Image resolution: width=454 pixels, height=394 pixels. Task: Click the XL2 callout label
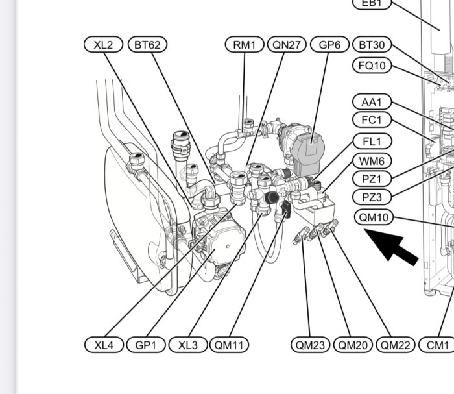point(104,45)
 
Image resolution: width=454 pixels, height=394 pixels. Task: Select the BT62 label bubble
point(148,45)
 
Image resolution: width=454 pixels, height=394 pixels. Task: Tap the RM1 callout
point(245,45)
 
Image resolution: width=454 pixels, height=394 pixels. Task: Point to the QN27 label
point(287,45)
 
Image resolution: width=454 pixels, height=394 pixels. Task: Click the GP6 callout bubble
point(329,45)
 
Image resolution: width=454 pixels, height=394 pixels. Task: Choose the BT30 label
point(372,45)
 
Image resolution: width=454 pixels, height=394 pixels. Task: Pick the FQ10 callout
point(372,65)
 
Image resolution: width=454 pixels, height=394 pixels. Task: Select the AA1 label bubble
point(372,102)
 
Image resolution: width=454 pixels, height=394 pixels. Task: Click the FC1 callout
point(372,119)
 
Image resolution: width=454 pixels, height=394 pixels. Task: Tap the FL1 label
point(372,141)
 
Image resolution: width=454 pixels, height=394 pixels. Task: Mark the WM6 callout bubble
point(372,161)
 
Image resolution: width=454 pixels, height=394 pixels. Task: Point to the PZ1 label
point(372,179)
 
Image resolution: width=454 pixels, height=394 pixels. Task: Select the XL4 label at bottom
point(104,345)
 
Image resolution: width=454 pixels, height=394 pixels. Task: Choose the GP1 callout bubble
point(146,345)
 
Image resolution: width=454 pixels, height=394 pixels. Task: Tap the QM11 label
point(230,345)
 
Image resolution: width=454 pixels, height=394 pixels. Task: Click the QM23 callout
point(310,345)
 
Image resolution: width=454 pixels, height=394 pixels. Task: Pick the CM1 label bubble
point(436,345)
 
